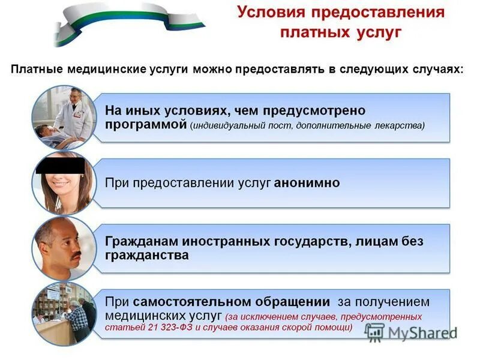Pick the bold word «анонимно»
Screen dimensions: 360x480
tap(307, 183)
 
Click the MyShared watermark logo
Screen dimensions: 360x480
tap(410, 332)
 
